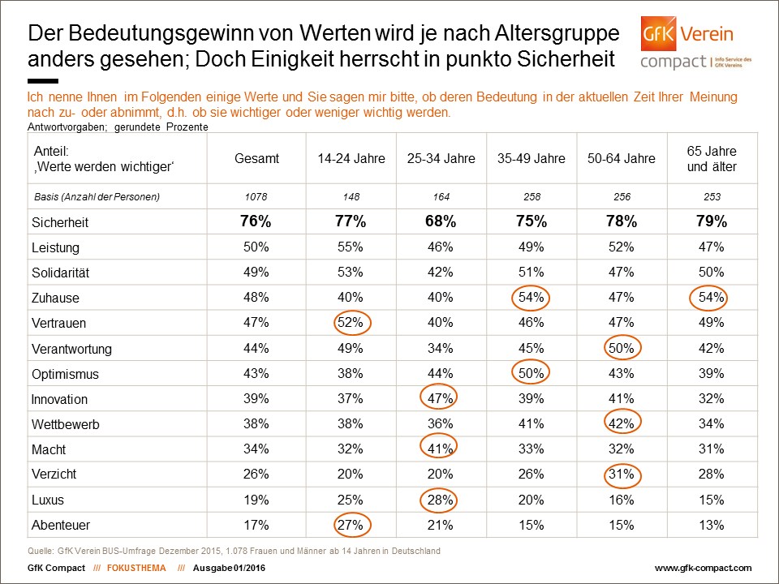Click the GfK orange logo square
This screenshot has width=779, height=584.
(x=658, y=34)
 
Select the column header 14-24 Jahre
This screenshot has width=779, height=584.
(x=351, y=158)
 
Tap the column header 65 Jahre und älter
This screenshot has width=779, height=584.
(x=712, y=159)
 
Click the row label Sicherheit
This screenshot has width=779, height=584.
(x=59, y=222)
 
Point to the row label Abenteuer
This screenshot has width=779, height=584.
(x=61, y=525)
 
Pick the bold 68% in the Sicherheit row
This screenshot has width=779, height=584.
(x=441, y=221)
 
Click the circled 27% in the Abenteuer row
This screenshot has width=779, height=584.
(x=351, y=525)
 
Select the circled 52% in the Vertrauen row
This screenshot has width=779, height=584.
(x=351, y=322)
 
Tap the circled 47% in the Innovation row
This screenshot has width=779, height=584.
(x=440, y=398)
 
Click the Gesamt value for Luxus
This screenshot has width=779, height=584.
(x=256, y=500)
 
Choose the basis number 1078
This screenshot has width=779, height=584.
(x=256, y=196)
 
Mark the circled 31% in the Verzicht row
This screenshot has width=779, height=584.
(x=622, y=474)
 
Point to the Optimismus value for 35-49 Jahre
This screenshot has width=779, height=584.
(x=531, y=373)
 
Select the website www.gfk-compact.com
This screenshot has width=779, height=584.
(x=703, y=568)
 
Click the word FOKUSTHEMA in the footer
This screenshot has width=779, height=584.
(x=136, y=568)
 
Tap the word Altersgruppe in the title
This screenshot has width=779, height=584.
(x=557, y=34)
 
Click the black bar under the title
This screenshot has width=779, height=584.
(x=43, y=81)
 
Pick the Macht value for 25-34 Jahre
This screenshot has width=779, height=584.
(x=440, y=449)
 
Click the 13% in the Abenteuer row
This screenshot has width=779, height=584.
(x=711, y=525)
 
